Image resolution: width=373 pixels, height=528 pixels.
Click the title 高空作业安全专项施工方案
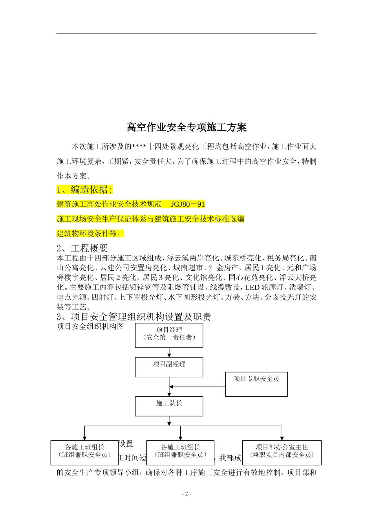(186, 127)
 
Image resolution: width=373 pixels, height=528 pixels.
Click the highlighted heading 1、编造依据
(84, 190)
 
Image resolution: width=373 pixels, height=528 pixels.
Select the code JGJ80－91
(188, 204)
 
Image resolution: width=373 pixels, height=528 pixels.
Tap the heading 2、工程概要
(82, 248)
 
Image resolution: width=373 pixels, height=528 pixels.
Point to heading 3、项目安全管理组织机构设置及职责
(134, 317)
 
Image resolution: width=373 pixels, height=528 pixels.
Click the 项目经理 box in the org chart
(169, 335)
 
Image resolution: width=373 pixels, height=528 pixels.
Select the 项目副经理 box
(169, 367)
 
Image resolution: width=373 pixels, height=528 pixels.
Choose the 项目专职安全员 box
(256, 384)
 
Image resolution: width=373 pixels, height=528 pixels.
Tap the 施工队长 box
(169, 406)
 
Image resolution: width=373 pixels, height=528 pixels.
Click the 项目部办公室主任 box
(282, 453)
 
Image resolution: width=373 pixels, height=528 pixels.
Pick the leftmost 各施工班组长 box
(84, 453)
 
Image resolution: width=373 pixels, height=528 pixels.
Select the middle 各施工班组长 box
(180, 453)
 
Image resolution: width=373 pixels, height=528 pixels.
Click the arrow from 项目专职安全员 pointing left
(196, 387)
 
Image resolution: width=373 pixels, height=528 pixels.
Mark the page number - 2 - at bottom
(186, 494)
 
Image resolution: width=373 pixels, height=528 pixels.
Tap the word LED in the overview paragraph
(252, 288)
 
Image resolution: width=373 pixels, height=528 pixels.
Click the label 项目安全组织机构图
(90, 326)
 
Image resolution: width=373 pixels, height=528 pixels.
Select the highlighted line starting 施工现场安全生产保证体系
(150, 219)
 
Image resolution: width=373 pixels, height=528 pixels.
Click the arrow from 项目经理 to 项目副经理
(169, 353)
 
